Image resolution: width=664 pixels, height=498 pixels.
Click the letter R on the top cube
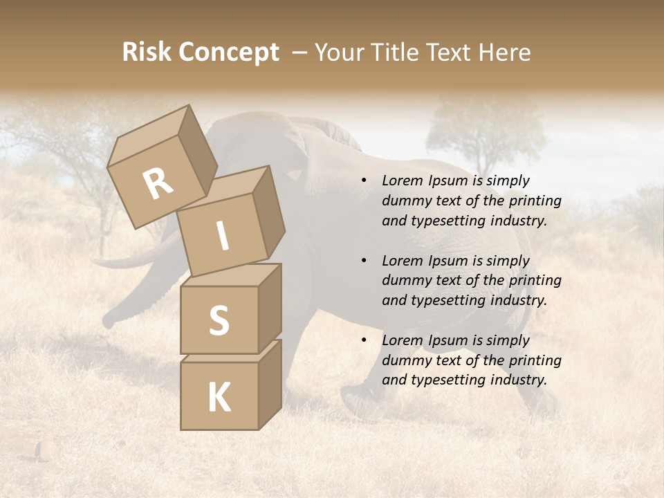(158, 184)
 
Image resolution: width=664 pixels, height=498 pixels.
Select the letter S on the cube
(219, 320)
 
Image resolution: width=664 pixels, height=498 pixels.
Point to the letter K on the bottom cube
(219, 397)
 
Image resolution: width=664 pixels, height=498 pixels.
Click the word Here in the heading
(506, 52)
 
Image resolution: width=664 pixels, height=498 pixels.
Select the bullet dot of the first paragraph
(364, 181)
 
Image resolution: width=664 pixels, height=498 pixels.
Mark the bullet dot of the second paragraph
(364, 261)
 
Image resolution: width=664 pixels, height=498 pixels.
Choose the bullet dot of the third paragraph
(364, 340)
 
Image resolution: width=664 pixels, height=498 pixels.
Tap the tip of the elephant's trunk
(109, 321)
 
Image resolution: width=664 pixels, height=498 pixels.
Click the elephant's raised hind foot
(360, 401)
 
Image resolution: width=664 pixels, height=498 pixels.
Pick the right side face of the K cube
(270, 384)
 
